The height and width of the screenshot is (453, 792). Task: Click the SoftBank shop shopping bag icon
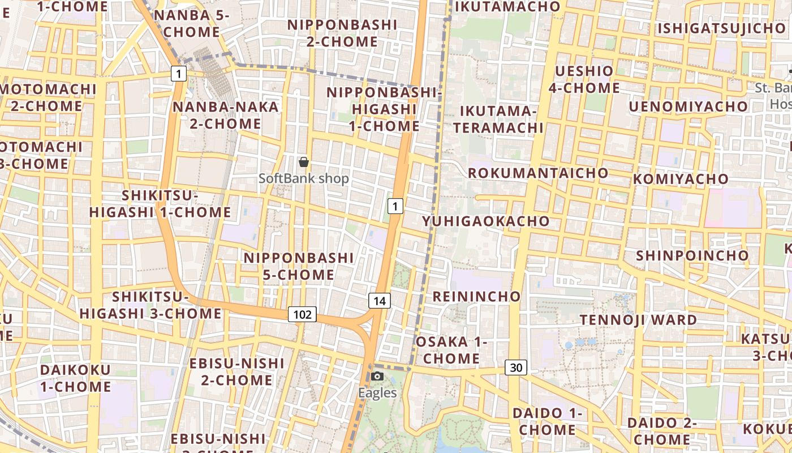304,163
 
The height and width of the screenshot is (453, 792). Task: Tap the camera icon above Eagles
377,376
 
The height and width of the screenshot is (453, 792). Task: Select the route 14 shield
379,301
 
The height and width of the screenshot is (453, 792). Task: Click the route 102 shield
302,314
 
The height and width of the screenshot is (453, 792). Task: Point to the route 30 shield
516,367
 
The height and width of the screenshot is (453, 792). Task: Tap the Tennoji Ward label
639,320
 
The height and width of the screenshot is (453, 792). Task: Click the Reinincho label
476,296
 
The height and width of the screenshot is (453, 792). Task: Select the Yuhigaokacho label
485,221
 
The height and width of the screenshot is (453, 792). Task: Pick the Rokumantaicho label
538,173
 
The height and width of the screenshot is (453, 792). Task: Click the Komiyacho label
681,179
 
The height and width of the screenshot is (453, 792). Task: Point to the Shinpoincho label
692,255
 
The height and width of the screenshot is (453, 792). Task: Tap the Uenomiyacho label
688,106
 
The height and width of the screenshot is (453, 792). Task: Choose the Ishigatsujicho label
721,28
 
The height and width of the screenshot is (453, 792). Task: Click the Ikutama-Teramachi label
498,119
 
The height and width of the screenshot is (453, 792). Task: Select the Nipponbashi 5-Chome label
299,266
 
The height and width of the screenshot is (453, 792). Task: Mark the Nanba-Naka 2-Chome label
226,115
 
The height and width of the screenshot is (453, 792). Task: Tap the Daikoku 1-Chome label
76,378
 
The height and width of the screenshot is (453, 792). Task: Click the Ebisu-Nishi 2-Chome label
236,371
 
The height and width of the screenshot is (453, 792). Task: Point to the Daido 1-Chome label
547,421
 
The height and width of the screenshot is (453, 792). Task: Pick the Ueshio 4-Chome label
584,79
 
